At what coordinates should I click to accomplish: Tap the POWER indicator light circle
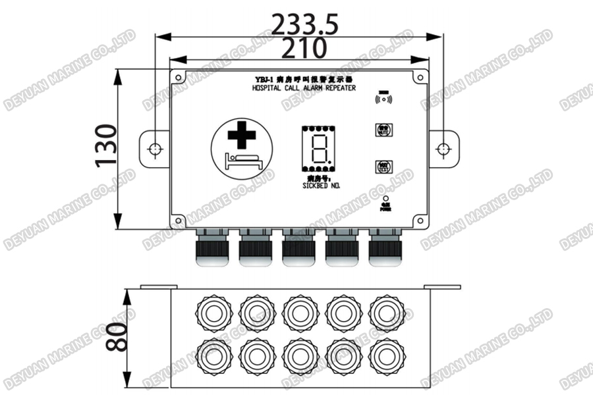tap(385, 197)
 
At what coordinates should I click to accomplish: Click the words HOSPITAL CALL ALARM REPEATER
tap(304, 87)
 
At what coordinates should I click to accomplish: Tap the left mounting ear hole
tap(154, 149)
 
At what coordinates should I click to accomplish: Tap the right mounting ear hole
tap(445, 149)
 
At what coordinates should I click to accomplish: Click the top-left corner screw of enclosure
tap(179, 77)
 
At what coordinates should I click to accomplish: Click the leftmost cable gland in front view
tap(212, 248)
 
